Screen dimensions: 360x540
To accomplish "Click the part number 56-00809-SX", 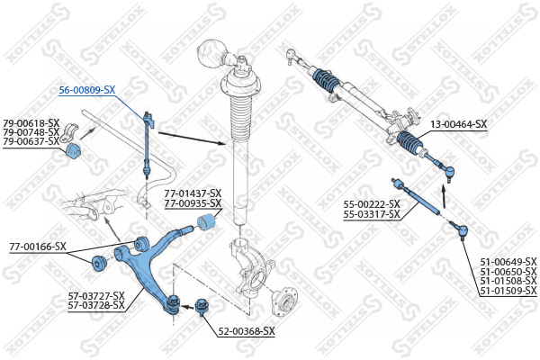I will [87, 90].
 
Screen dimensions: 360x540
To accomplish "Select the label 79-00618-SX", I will [31, 122].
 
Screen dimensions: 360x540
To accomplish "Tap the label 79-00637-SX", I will [31, 141].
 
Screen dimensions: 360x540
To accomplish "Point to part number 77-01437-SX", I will [192, 193].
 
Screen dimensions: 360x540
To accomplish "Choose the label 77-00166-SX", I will [38, 246].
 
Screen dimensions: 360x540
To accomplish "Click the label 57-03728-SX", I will [95, 307].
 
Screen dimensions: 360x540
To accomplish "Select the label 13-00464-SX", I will [459, 124].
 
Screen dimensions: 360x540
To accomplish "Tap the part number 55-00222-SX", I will [372, 204].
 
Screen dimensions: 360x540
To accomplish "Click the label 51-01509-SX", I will [508, 291].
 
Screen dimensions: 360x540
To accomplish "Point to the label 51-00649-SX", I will [508, 261].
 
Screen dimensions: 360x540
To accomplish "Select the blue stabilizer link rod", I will [148, 139].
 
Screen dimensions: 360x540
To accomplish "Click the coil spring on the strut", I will [238, 112].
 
